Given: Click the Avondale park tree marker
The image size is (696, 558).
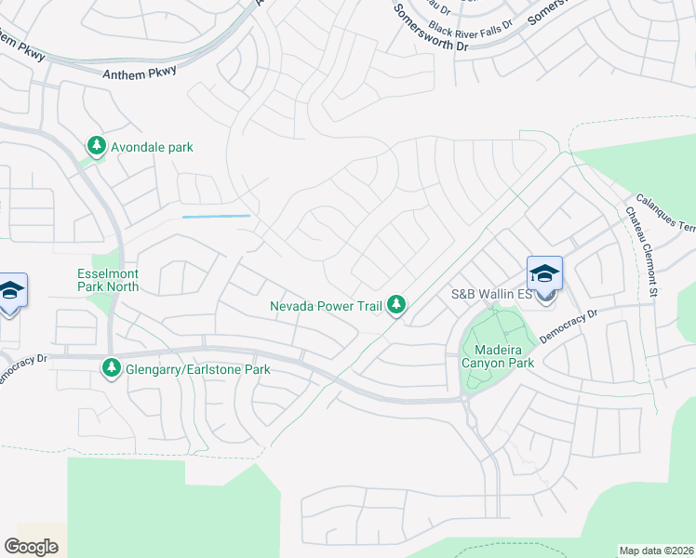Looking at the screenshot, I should pos(96,145).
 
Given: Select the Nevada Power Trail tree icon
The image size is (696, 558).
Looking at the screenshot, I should pos(396,304).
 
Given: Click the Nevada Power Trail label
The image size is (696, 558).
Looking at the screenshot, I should pos(326,305).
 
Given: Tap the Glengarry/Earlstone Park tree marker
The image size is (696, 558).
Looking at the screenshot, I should pos(112,368).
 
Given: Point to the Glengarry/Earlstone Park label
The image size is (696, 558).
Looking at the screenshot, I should pos(198,369).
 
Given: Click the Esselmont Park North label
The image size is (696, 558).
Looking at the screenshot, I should pos(108,281).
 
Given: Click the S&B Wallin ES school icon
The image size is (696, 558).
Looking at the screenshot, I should pos(544,275).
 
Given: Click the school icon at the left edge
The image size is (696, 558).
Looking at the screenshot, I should pos(10,290).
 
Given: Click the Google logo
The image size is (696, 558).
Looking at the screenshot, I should pos(31,546).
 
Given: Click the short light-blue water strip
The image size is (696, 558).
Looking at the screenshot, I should pos(216,217).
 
